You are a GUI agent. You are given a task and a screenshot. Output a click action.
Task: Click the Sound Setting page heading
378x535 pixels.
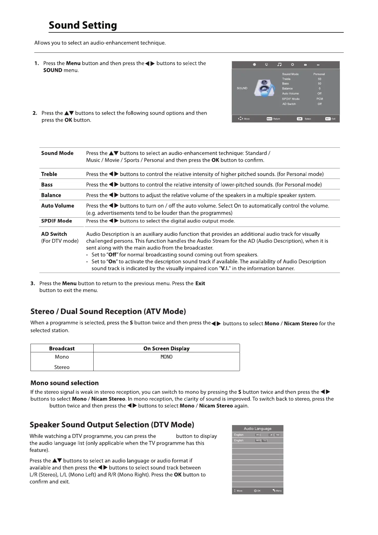(83, 25)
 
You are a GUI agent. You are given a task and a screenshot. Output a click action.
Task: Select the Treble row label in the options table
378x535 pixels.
(49, 174)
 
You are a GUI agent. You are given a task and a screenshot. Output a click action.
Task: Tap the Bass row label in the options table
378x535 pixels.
(47, 185)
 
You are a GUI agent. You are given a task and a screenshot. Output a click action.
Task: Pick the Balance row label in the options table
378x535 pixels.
(51, 195)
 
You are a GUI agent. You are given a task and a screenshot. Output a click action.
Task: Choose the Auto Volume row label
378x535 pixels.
(58, 206)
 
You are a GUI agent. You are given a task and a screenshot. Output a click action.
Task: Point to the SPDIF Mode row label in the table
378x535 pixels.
(56, 221)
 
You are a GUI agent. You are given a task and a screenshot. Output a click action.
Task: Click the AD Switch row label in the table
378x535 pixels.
(54, 234)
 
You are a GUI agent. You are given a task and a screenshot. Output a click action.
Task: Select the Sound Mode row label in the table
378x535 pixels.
(57, 153)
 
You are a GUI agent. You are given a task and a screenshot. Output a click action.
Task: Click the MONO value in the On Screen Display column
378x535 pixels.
(166, 357)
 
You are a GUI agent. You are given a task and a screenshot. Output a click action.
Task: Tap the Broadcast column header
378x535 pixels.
(62, 349)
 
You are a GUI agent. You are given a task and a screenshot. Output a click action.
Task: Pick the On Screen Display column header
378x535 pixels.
(166, 349)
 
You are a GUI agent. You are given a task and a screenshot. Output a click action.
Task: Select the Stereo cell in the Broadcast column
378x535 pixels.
(62, 367)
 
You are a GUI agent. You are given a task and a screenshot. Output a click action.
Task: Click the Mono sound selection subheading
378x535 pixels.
(64, 383)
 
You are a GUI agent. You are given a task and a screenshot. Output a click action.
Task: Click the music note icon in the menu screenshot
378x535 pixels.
(279, 65)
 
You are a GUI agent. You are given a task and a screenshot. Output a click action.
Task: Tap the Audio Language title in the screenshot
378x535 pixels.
(257, 429)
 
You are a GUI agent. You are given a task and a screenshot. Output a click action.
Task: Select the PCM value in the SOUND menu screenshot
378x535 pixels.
(320, 99)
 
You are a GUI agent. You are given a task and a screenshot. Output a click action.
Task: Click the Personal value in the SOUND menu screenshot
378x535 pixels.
(319, 74)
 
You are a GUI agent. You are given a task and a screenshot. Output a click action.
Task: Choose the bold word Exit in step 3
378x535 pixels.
(200, 283)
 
